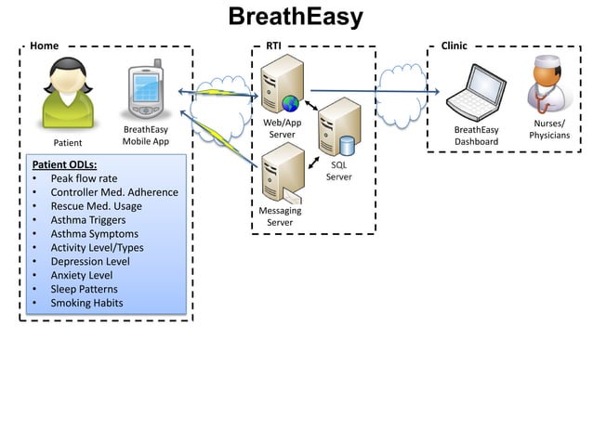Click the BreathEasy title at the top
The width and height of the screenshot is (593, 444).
click(296, 18)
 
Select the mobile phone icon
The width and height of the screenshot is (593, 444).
click(145, 90)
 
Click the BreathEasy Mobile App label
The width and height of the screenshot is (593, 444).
click(145, 136)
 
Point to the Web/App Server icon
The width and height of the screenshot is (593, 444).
click(282, 85)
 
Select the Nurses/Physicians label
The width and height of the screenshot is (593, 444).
click(549, 129)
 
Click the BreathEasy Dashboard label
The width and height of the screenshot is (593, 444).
click(476, 136)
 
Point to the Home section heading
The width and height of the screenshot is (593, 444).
click(44, 46)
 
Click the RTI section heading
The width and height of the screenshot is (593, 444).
click(274, 46)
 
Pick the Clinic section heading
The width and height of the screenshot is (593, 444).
click(455, 46)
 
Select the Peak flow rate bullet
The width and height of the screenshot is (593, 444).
click(84, 178)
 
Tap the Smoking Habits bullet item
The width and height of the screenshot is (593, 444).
click(86, 303)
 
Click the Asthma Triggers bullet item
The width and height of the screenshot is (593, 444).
click(90, 220)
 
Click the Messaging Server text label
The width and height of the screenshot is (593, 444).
click(280, 216)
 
